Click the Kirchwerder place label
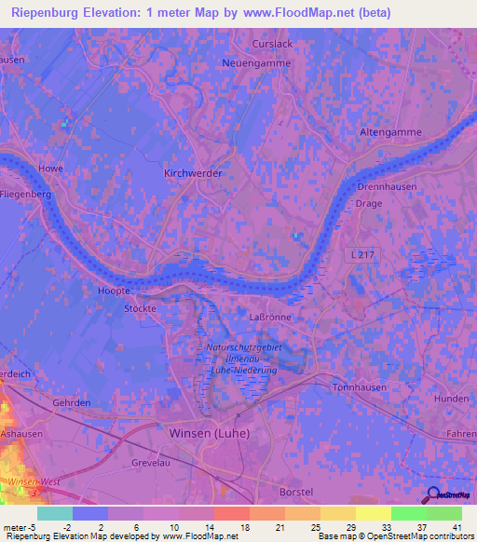(x=191, y=174)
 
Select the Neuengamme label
(x=256, y=63)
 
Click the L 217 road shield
(x=364, y=255)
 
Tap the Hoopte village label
(x=113, y=291)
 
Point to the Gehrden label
(x=72, y=402)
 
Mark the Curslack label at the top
(x=273, y=44)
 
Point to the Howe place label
(x=50, y=169)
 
